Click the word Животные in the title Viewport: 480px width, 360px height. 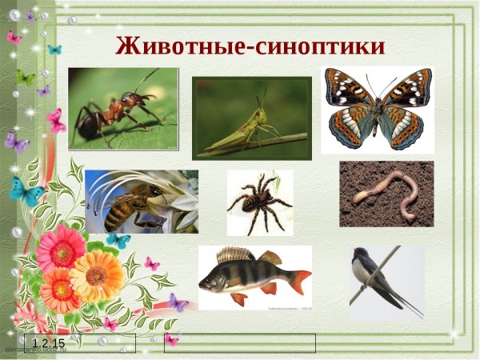click(177, 46)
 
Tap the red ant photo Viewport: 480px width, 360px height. click(123, 109)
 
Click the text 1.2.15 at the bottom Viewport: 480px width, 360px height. click(48, 344)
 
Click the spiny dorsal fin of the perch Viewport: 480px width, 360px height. click(235, 255)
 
